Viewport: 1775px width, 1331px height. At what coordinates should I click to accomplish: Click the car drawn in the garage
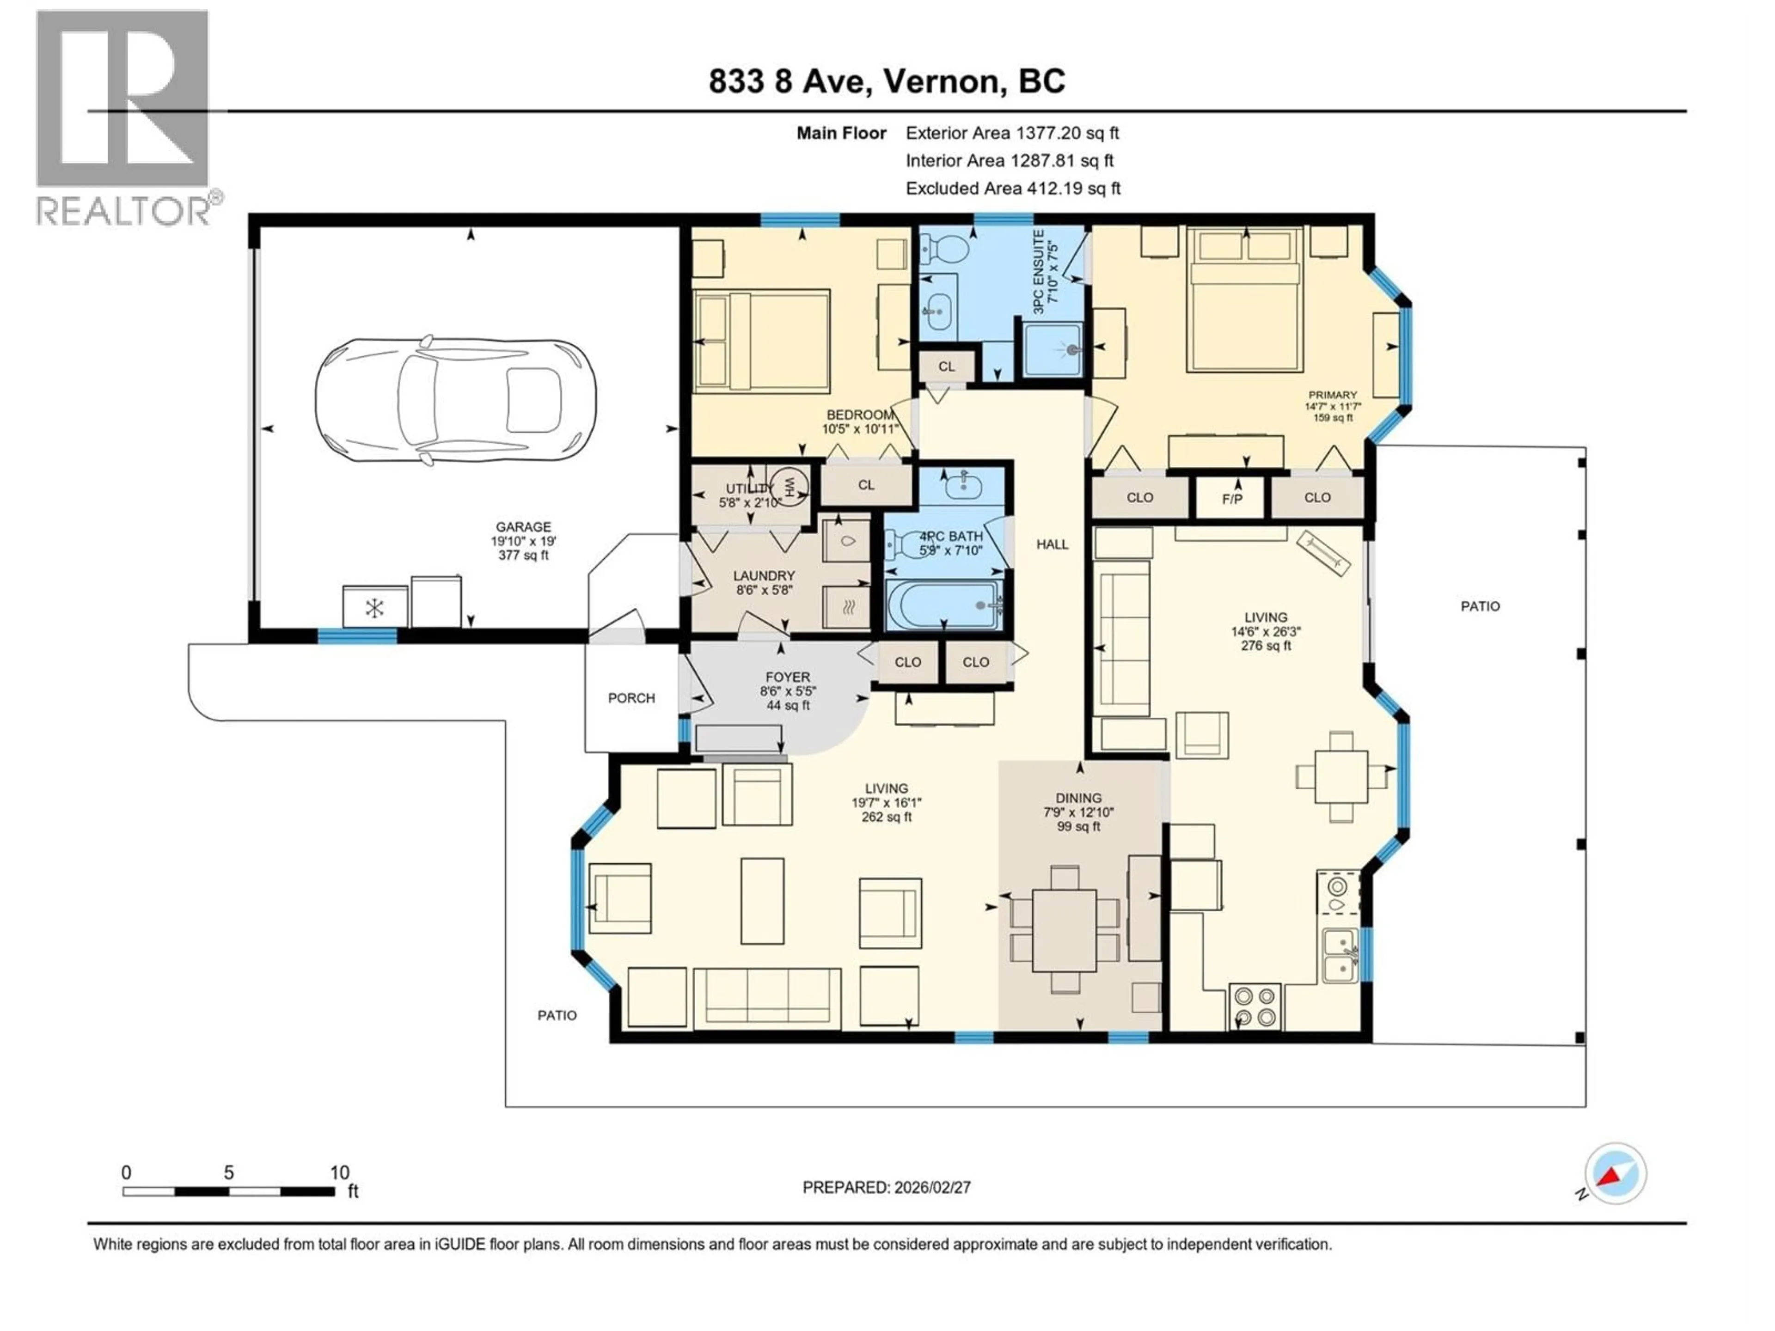pyautogui.click(x=455, y=400)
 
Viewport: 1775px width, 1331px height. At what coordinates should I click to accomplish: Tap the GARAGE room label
pyautogui.click(x=523, y=527)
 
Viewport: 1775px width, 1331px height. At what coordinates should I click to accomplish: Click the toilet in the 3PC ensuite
pyautogui.click(x=944, y=249)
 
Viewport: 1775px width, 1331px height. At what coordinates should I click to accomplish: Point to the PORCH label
pyautogui.click(x=631, y=698)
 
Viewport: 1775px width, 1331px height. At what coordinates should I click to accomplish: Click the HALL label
pyautogui.click(x=1052, y=544)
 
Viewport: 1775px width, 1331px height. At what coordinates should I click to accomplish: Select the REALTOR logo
pyautogui.click(x=124, y=119)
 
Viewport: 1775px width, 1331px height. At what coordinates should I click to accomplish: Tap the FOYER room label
pyautogui.click(x=787, y=677)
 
